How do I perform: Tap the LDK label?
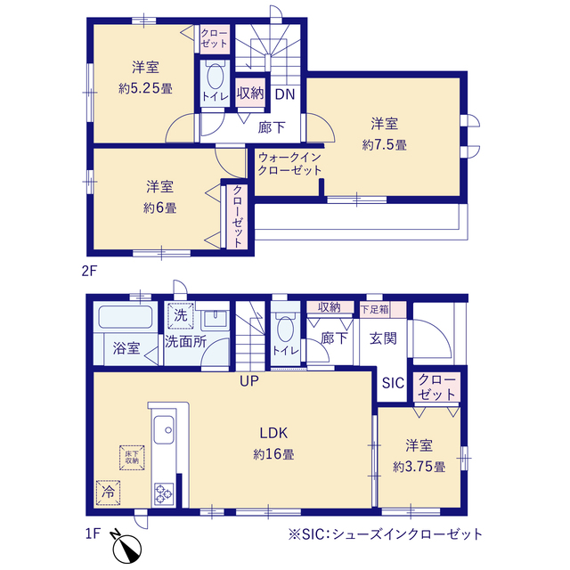coord(273,433)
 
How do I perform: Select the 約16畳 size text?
coord(273,454)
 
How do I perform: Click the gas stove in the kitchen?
coord(164,493)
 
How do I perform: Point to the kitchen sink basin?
coord(164,429)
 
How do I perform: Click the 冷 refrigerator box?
coord(108,493)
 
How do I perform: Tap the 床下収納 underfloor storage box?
coord(132,457)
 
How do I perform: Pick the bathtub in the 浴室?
coord(126,317)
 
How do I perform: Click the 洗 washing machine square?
coord(181,315)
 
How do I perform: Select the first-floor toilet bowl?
coord(285,329)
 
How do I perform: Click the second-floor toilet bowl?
coord(215,77)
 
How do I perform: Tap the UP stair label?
coord(249,381)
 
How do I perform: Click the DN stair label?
coord(285,94)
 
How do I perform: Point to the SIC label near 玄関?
coord(393,383)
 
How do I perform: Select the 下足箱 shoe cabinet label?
coord(374,310)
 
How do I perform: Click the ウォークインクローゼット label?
coord(289,164)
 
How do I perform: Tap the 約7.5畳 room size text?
coord(384,145)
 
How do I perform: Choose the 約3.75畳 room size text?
coord(419,467)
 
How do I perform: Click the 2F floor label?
coord(89,271)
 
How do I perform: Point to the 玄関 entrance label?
coord(383,338)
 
